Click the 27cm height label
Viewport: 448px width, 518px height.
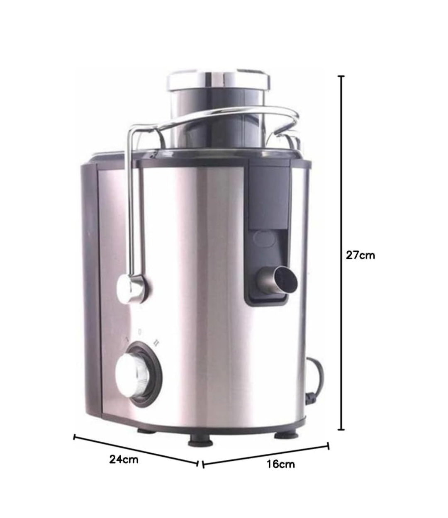(360, 255)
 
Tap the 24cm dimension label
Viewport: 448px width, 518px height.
(124, 460)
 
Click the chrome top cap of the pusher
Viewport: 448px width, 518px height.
(219, 81)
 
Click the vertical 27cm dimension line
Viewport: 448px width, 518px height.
(341, 253)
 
